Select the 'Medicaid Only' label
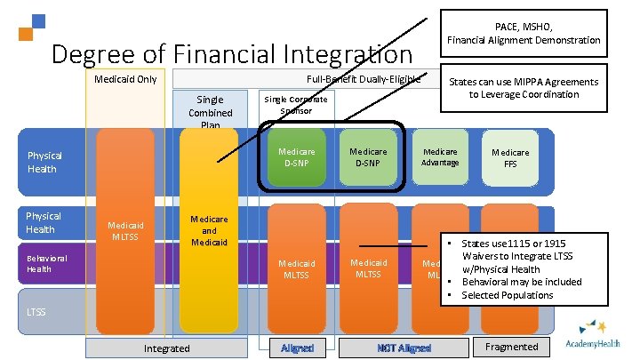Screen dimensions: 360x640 [125, 79]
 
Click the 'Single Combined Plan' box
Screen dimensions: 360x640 [211, 112]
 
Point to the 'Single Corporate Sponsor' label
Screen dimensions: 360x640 [295, 105]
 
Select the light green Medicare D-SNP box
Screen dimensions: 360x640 [368, 157]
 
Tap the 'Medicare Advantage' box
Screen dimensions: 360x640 [440, 157]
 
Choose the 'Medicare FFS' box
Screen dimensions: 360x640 [510, 158]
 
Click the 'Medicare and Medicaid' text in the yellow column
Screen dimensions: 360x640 [210, 230]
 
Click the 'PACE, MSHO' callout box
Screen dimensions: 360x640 [524, 33]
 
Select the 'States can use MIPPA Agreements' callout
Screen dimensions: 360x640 [524, 88]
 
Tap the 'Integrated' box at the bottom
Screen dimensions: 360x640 [166, 348]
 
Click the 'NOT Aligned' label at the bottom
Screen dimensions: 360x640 [403, 348]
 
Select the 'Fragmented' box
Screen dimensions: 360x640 [511, 347]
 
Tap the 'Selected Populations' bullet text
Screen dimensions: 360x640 [507, 295]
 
